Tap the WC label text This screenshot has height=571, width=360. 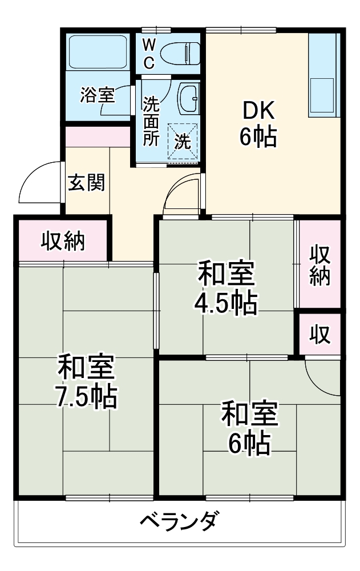pos(148,53)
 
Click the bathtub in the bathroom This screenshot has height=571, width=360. pos(97,52)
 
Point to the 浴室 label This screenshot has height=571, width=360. pos(98,95)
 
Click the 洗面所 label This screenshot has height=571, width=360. pos(151,121)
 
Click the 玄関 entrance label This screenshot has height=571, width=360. pos(86,182)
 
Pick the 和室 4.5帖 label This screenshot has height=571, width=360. pos(226,288)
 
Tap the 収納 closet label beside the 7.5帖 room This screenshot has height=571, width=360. pos(63,242)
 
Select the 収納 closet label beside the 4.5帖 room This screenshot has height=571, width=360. pos(320,264)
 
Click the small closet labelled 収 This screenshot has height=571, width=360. pos(320,335)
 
